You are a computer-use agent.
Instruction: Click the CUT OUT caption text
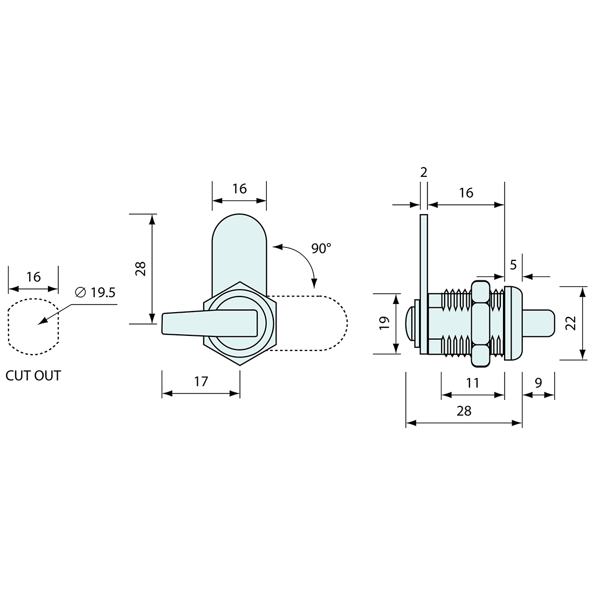33,376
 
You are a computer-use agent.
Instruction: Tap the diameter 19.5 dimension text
95,292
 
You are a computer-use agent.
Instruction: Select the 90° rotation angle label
321,249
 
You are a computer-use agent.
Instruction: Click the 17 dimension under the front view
201,382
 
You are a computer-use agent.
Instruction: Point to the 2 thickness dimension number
424,172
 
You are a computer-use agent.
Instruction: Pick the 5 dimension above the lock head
513,265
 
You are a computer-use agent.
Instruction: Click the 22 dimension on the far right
571,323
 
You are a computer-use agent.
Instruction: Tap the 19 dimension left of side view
384,323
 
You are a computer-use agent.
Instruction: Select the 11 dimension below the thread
473,383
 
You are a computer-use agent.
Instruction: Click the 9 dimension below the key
539,383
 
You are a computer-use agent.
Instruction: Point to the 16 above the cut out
33,277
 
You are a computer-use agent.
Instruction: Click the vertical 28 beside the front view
140,269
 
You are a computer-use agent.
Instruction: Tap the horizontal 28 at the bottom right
464,411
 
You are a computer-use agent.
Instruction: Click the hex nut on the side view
481,324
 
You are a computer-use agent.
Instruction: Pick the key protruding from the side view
539,323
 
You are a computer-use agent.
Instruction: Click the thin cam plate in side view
424,285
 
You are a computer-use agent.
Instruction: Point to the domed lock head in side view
513,324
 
